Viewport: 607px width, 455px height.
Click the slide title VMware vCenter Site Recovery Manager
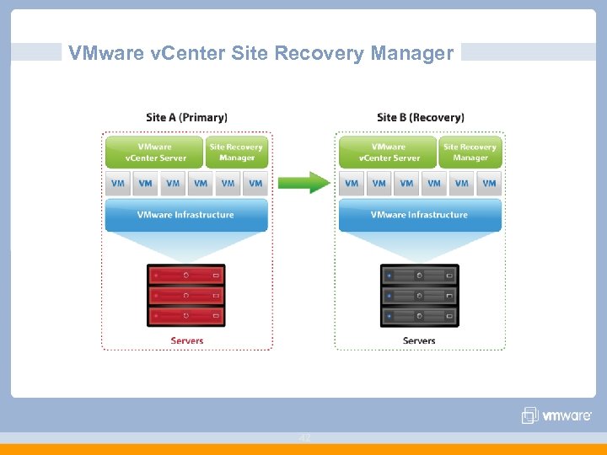261,54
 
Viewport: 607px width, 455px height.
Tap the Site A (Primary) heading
186,117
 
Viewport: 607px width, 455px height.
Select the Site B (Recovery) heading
420,117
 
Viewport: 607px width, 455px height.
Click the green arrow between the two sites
303,182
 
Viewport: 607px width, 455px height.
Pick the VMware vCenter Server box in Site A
154,153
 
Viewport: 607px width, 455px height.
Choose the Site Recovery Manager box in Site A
237,153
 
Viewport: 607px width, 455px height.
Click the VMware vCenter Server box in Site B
388,153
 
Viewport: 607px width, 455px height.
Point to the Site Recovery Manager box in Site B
470,153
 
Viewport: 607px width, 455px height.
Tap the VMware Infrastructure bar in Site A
186,215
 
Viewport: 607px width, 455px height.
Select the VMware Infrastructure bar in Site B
420,215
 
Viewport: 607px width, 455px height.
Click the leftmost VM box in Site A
118,183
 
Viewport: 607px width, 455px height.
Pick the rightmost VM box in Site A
255,183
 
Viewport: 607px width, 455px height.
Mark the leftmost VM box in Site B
352,183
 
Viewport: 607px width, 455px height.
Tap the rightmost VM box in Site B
489,183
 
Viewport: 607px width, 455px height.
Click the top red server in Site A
186,275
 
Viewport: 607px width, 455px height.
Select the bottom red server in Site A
186,317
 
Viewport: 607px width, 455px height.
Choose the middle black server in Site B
420,296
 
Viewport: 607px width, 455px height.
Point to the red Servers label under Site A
186,340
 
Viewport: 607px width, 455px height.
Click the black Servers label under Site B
419,340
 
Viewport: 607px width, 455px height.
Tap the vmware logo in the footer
557,415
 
